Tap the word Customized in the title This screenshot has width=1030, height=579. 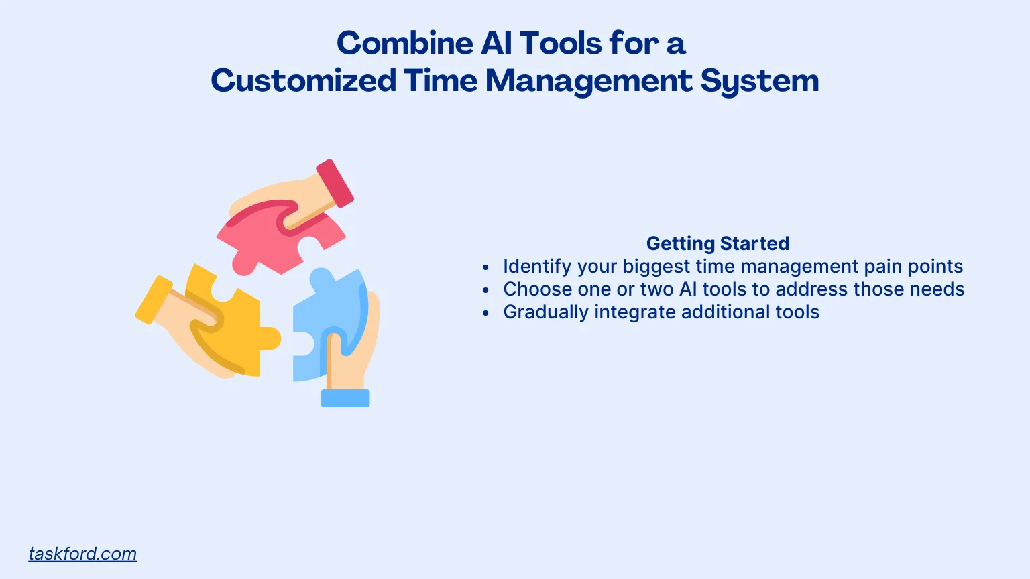point(303,81)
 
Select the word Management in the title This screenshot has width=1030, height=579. point(589,81)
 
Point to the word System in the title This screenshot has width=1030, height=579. point(760,82)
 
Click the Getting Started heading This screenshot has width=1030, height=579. point(718,243)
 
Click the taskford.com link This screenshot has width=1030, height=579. point(82,554)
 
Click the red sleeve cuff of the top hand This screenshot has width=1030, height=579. point(335,183)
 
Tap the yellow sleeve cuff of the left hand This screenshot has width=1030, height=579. point(154,300)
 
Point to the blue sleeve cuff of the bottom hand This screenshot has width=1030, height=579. point(345,398)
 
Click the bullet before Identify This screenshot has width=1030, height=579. point(486,267)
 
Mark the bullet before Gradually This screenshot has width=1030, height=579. point(486,313)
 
